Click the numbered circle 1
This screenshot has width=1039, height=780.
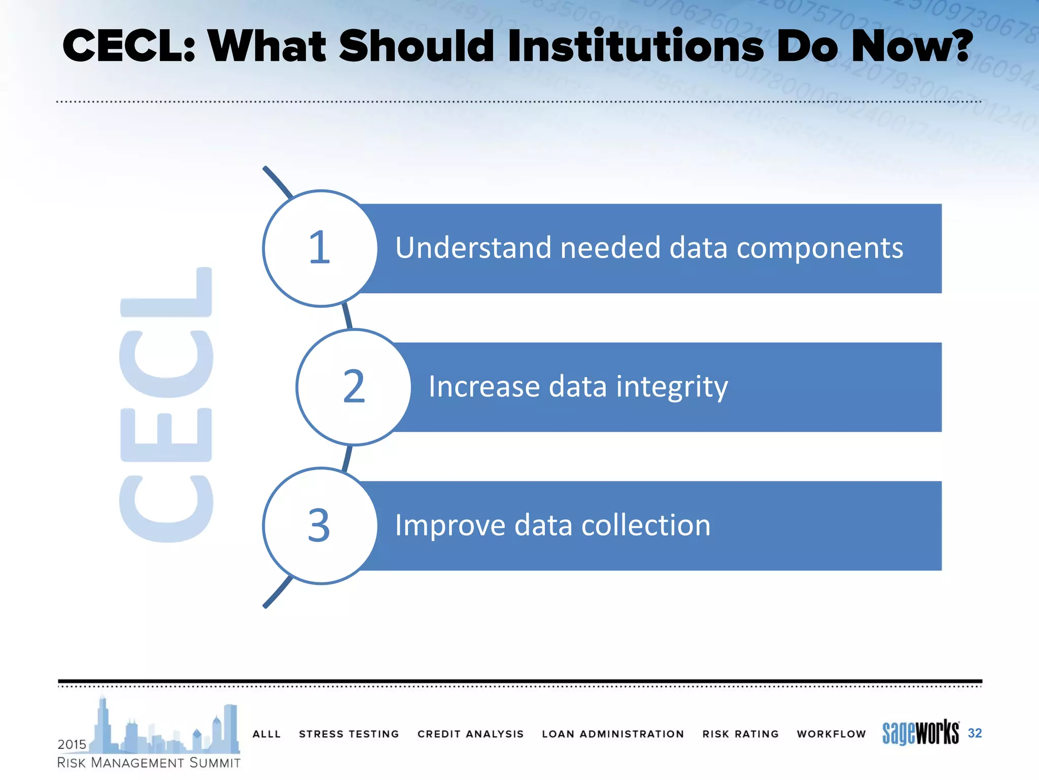pos(320,248)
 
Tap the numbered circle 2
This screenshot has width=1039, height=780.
pos(354,387)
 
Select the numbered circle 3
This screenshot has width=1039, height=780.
pos(320,526)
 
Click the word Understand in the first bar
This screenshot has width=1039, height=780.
pos(472,248)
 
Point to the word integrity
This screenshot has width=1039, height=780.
pos(672,387)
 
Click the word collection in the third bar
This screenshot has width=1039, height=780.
pos(645,525)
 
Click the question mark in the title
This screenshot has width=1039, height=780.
pos(958,46)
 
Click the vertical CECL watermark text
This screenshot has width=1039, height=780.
pos(166,405)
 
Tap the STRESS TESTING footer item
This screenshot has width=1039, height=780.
pos(349,734)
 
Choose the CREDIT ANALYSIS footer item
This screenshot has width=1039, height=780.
pos(470,734)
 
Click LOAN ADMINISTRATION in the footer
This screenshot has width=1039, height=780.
pos(613,734)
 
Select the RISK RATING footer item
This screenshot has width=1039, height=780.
pos(740,734)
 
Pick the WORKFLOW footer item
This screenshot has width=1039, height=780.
pos(831,734)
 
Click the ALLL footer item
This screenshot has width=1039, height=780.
pos(266,734)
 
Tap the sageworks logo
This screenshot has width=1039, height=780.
pos(920,733)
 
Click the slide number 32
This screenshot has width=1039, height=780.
pos(975,733)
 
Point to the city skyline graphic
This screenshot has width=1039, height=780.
pos(167,729)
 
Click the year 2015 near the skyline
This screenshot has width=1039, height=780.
pos(72,744)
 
